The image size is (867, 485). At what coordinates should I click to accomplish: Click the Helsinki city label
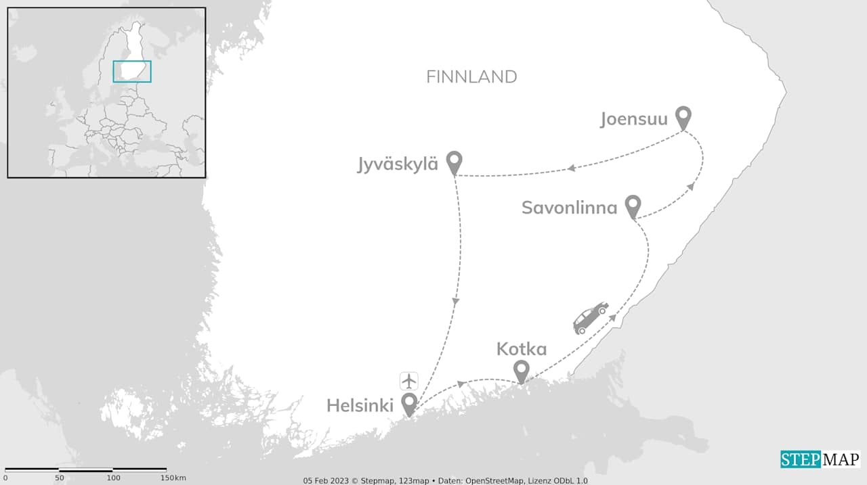360,405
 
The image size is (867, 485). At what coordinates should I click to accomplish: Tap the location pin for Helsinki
409,404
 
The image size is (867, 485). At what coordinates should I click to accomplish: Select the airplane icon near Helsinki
409,381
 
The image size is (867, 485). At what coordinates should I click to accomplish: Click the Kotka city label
521,349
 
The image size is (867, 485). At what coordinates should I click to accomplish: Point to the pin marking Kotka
521,371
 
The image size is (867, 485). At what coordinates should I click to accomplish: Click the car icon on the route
591,318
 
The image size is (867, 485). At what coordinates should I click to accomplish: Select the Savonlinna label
569,208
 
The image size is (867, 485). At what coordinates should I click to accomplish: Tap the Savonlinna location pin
633,206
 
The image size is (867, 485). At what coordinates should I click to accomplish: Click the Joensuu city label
634,120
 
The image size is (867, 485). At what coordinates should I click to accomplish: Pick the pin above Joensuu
683,117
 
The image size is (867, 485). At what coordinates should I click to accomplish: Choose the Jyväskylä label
398,164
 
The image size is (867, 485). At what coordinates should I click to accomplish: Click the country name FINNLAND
471,77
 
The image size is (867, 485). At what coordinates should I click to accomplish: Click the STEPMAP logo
820,460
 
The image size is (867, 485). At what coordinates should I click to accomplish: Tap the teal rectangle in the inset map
132,72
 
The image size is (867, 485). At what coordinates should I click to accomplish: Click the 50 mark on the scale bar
60,478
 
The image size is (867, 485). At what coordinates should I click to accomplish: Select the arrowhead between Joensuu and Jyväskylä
571,168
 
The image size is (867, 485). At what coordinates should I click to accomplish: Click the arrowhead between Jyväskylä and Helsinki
456,302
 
